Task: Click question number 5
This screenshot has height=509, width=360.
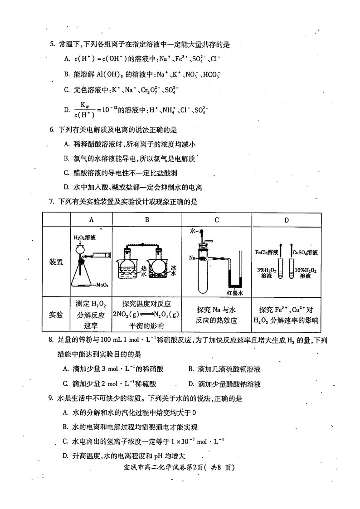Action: tap(52, 44)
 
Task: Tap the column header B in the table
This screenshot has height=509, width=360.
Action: tap(147, 220)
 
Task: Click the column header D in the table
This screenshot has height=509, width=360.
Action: tap(286, 220)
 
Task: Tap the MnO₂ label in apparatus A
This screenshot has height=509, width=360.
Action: tap(102, 285)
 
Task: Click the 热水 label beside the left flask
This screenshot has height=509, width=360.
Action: tap(143, 271)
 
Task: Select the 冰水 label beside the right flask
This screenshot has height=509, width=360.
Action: tap(174, 271)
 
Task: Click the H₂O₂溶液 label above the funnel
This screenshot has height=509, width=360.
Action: tap(84, 237)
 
